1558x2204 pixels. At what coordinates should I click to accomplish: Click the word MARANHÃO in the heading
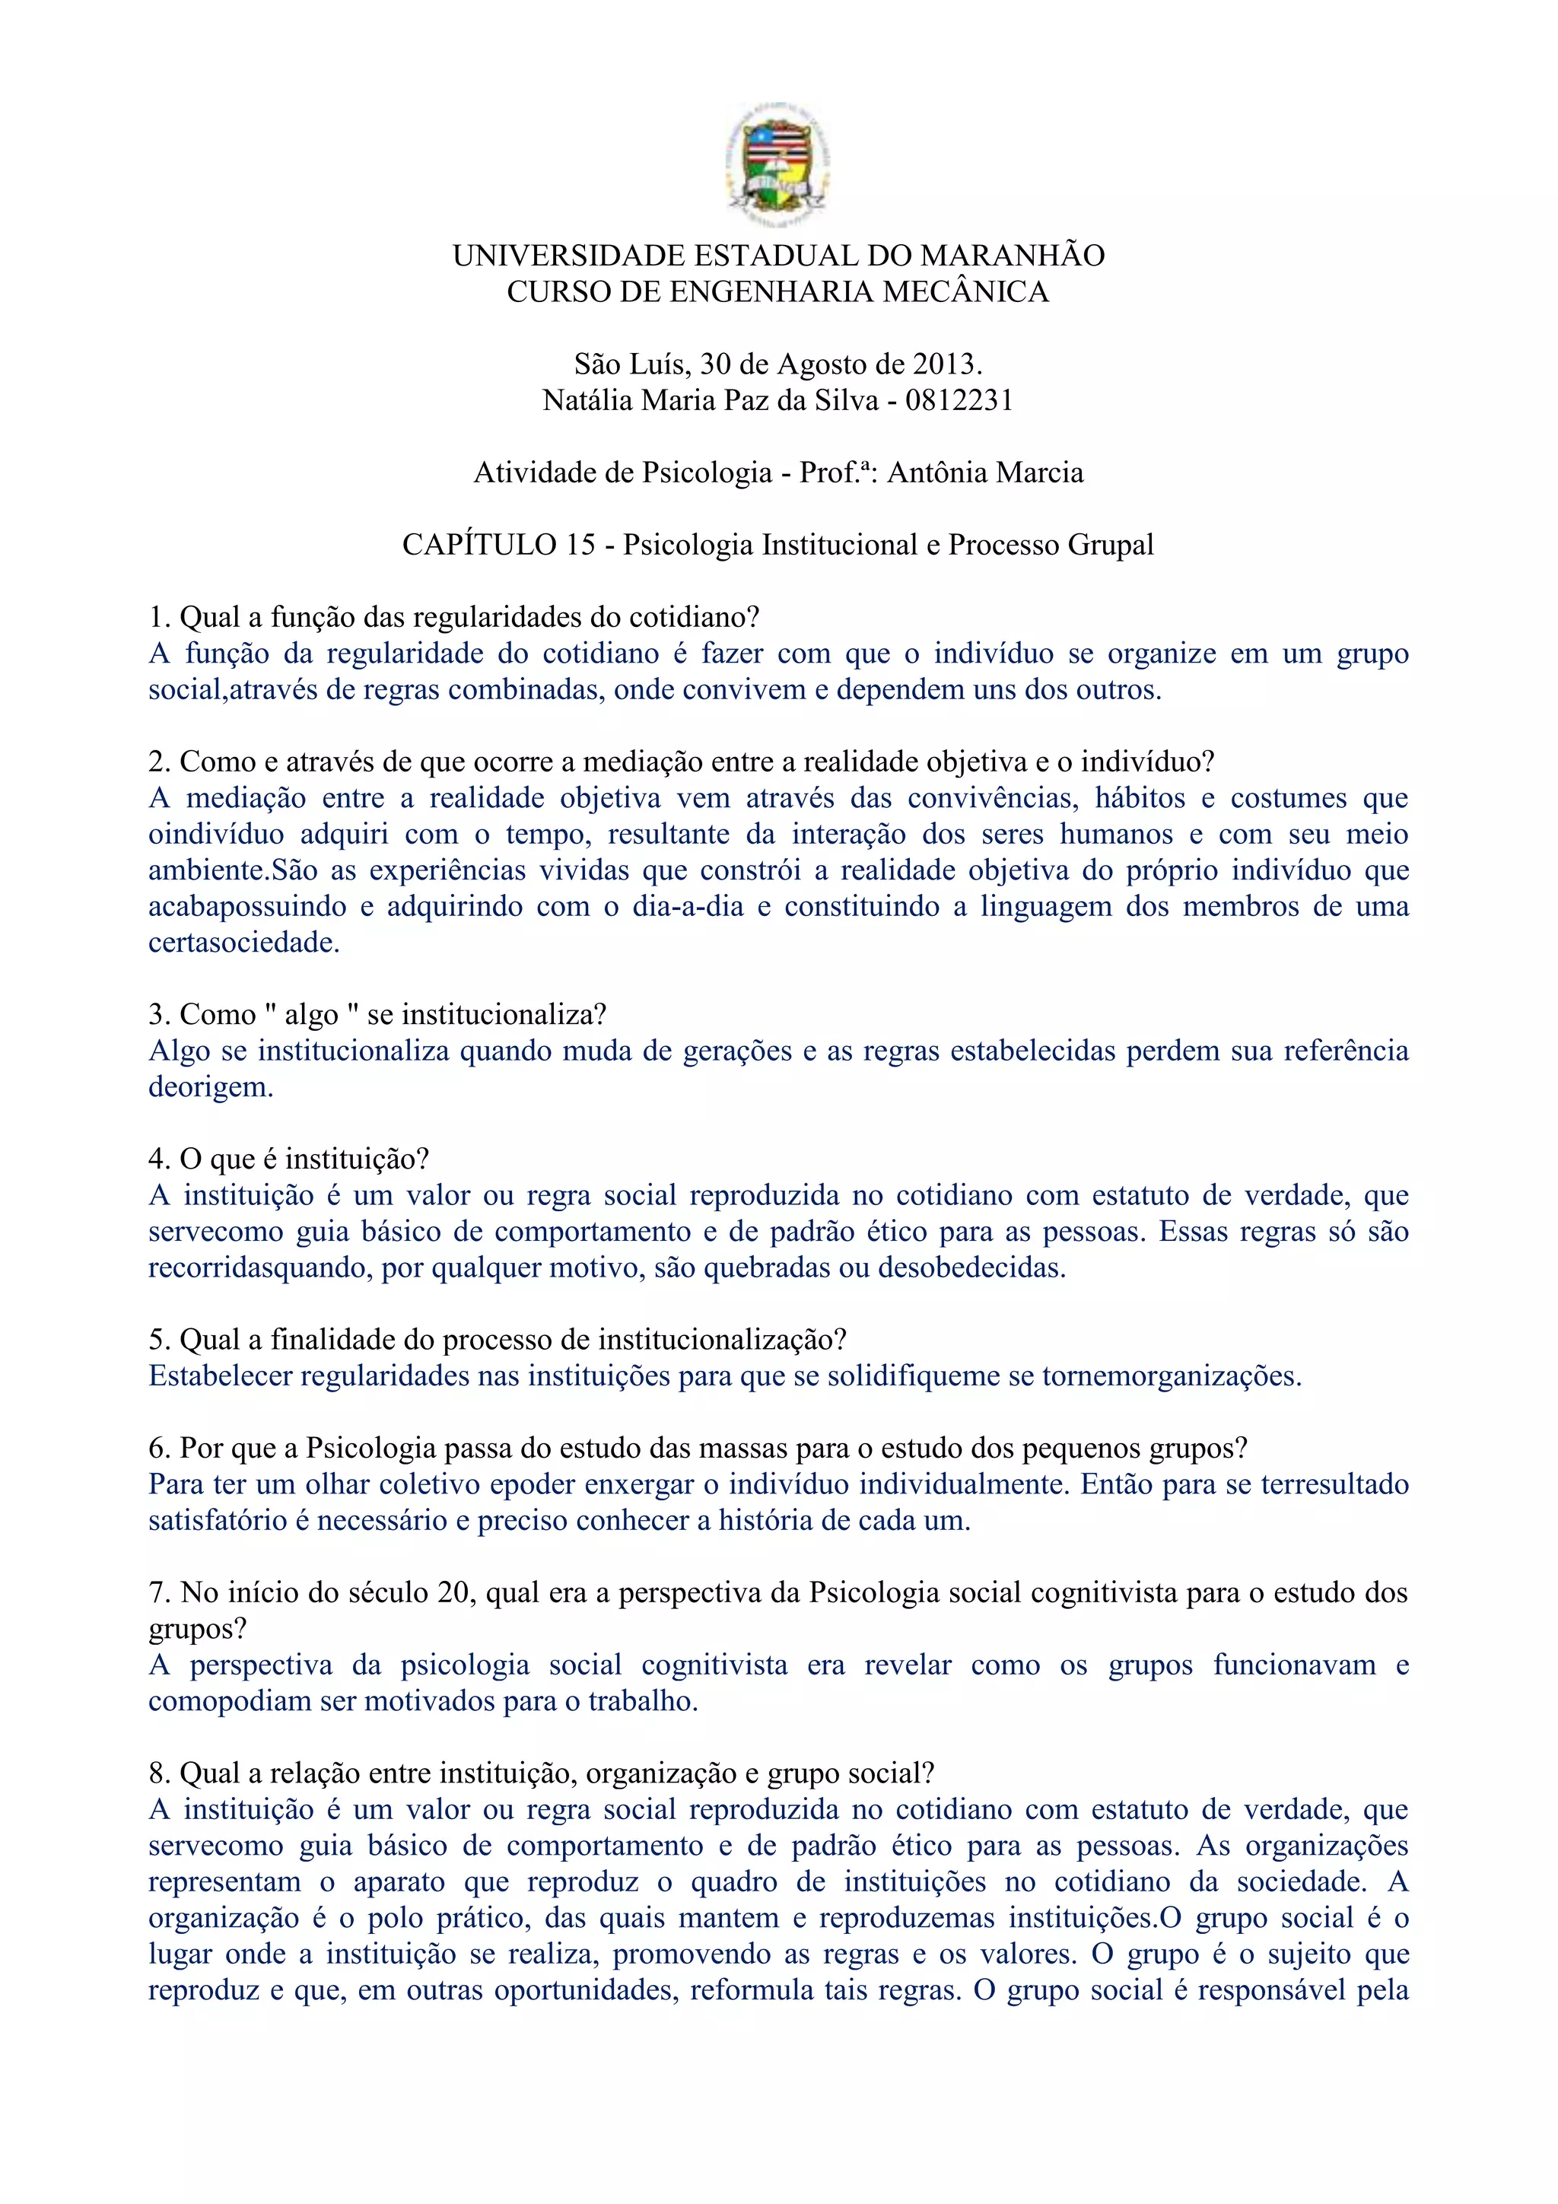1012,256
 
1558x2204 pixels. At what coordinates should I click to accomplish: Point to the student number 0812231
959,400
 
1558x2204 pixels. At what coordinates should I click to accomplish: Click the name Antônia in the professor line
935,472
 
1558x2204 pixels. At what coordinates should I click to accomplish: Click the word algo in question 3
312,1015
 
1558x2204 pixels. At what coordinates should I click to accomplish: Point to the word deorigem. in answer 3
211,1086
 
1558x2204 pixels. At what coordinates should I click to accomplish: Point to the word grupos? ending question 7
198,1629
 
